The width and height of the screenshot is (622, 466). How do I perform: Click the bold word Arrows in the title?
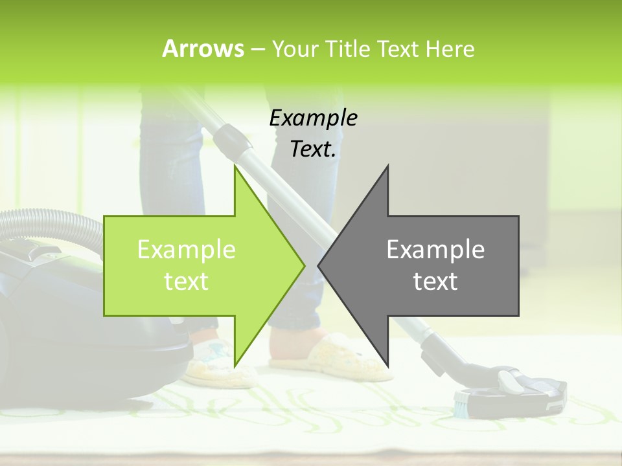[x=202, y=49]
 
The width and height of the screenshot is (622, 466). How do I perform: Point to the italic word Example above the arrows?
[x=313, y=118]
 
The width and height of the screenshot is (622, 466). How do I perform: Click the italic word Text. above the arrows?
[x=313, y=150]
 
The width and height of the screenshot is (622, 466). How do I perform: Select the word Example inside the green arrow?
[x=187, y=250]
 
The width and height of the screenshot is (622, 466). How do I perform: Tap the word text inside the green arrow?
[x=186, y=282]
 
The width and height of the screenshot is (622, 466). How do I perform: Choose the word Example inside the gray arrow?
[x=435, y=250]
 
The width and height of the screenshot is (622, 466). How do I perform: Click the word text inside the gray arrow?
[x=435, y=282]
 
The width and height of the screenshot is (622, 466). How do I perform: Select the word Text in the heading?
[x=398, y=49]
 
